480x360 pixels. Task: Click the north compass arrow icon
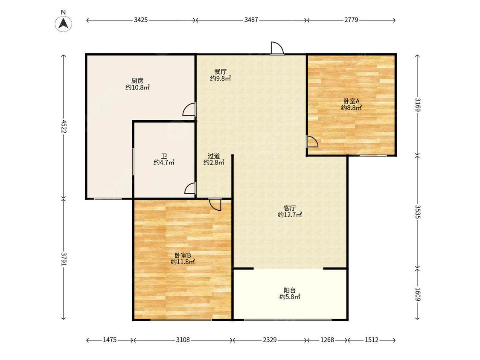click(64, 23)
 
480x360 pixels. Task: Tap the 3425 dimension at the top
click(141, 20)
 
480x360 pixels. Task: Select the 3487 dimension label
click(251, 20)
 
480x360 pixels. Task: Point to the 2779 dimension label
click(351, 20)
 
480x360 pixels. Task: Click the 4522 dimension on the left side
click(64, 126)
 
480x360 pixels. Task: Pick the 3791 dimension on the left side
click(64, 259)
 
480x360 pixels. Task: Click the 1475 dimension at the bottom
click(110, 340)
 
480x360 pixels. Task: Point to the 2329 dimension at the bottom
click(270, 340)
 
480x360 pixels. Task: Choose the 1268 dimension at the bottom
click(327, 340)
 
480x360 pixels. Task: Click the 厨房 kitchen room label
click(137, 81)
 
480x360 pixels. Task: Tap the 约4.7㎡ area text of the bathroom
click(164, 163)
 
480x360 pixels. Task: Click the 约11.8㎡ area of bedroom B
click(183, 262)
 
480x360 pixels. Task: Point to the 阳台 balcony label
click(290, 290)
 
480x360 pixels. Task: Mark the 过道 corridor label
click(214, 156)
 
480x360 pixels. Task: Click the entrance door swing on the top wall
click(277, 48)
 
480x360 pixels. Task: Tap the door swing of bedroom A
click(312, 142)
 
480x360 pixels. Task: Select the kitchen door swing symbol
click(189, 109)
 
